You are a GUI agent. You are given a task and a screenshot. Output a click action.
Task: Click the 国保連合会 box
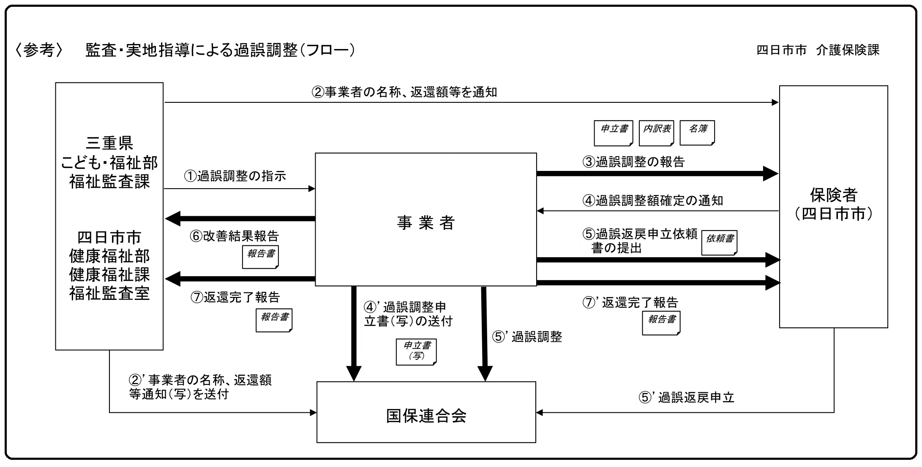[426, 415]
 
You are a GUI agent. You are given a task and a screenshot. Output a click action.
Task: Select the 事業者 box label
[426, 223]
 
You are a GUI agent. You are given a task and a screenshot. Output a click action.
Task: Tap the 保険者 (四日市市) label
[833, 204]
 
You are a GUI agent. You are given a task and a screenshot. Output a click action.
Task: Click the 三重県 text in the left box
[109, 143]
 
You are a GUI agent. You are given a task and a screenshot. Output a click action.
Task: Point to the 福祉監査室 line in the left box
[109, 293]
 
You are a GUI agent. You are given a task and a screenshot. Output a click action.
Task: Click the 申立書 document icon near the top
[614, 132]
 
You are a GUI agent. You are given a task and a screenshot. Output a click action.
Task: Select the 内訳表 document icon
[657, 132]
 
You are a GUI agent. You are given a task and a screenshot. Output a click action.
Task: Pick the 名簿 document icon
[697, 132]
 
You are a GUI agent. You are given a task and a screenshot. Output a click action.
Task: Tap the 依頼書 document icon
[719, 242]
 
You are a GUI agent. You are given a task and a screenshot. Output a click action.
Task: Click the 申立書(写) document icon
[416, 352]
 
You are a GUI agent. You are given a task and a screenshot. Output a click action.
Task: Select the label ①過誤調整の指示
[235, 176]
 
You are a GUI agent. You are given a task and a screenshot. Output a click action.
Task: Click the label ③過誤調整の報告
[633, 162]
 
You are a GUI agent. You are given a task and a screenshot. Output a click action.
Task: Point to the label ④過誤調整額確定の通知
[653, 201]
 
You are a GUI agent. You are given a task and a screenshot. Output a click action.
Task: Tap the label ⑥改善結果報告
[234, 236]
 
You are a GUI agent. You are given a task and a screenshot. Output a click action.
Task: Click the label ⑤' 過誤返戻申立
[686, 398]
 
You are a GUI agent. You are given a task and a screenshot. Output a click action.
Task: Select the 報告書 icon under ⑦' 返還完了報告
[661, 323]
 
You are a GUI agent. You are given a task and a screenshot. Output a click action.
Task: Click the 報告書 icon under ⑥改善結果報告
[260, 257]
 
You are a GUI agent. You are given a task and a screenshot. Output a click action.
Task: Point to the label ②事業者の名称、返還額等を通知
[404, 92]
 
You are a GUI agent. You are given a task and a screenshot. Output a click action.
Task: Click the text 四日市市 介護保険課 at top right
[818, 50]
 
